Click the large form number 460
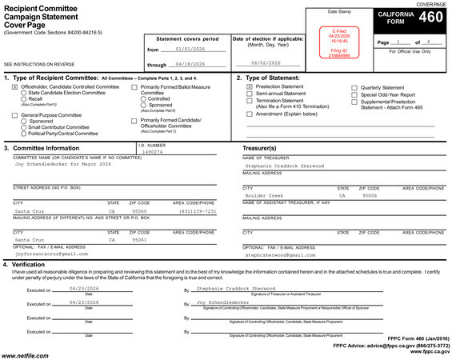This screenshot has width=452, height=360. click(x=430, y=18)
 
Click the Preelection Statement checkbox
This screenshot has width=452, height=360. click(x=250, y=86)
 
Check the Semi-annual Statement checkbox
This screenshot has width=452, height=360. click(x=250, y=94)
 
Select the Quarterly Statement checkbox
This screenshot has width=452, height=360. click(x=355, y=86)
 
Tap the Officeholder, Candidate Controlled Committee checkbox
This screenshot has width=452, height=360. click(x=15, y=86)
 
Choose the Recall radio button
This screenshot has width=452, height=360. click(x=24, y=99)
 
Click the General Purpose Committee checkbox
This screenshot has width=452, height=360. click(x=15, y=115)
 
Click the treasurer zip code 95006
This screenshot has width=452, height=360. click(x=369, y=195)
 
